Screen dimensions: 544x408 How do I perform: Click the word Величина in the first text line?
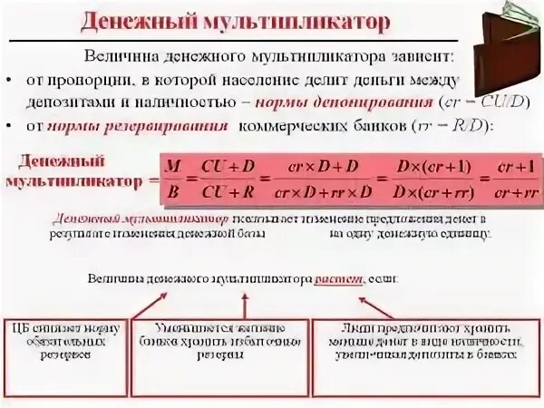116,56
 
